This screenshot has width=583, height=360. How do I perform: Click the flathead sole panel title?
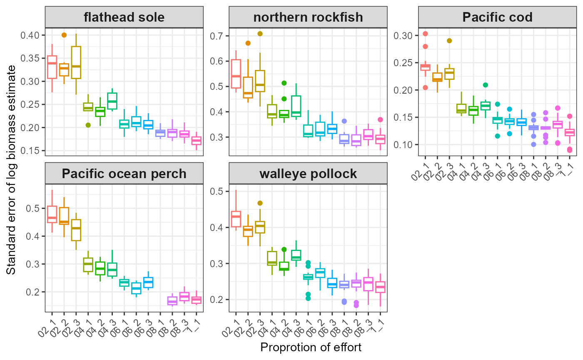(x=124, y=17)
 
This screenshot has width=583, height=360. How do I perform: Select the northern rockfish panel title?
(x=308, y=17)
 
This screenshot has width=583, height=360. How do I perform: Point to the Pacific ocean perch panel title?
(x=124, y=173)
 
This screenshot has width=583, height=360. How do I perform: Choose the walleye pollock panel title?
(x=308, y=173)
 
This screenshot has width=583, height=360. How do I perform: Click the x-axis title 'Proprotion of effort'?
(x=311, y=348)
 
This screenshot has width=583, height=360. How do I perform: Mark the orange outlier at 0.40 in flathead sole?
(x=64, y=35)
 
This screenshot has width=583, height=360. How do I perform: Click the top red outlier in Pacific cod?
(x=425, y=34)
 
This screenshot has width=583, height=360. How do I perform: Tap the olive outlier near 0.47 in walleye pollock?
(x=260, y=203)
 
